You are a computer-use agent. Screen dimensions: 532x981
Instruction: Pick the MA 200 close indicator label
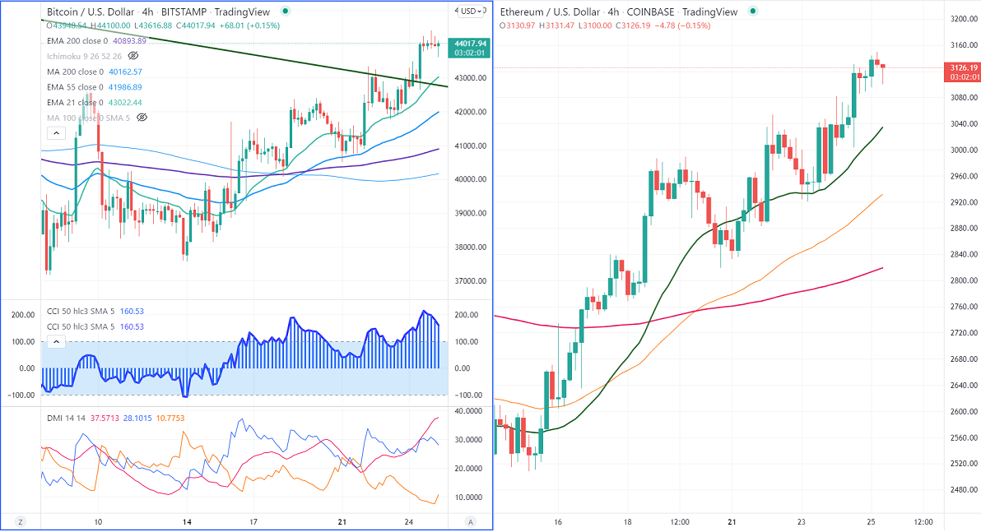tap(75, 72)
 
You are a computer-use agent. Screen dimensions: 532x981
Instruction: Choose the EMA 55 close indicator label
tap(75, 87)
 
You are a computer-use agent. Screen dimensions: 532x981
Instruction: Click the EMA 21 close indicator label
tap(75, 103)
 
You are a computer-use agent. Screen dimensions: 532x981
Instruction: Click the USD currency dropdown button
tap(472, 11)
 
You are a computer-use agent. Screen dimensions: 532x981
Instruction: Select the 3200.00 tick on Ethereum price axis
tap(962, 19)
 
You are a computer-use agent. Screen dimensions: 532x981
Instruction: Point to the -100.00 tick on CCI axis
tap(468, 396)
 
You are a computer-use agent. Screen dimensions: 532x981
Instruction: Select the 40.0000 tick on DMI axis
tap(469, 411)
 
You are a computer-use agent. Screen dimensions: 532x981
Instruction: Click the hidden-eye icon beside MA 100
tap(142, 118)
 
